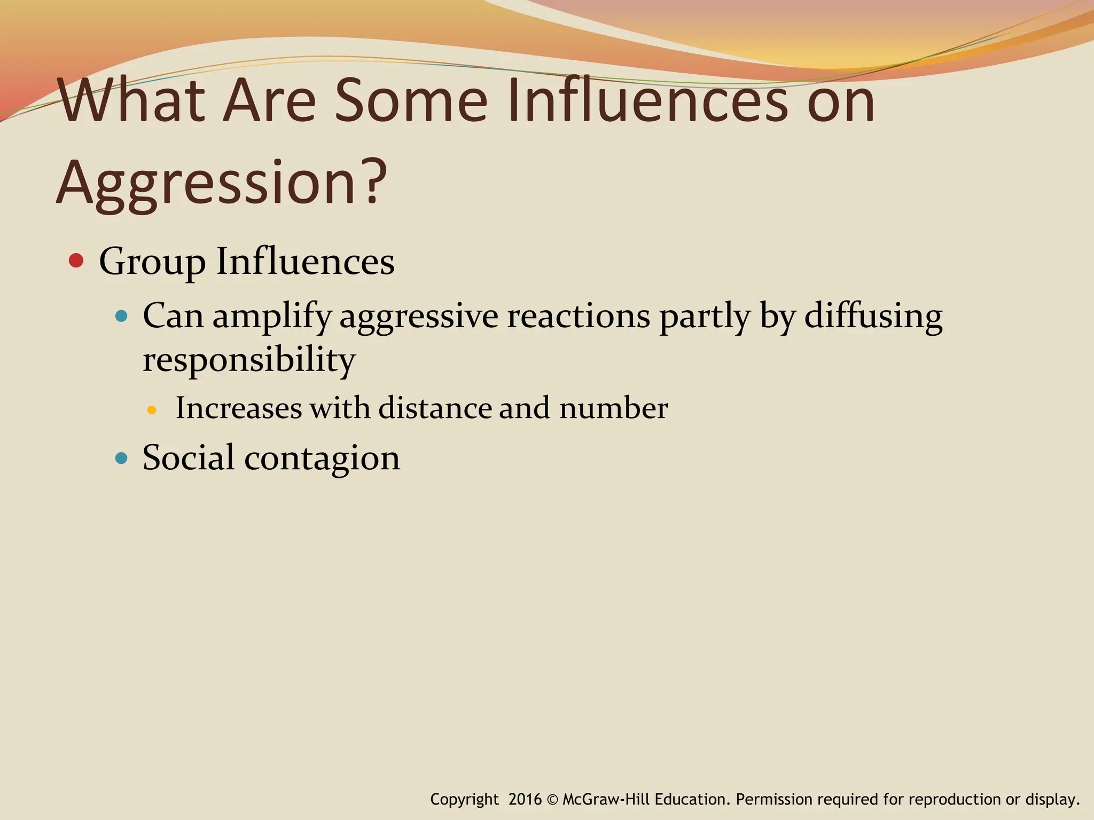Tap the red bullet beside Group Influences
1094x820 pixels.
(76, 261)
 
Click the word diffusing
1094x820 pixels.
(873, 316)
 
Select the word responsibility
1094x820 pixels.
(249, 360)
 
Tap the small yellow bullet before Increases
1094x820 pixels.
(152, 410)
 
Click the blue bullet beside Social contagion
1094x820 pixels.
(122, 458)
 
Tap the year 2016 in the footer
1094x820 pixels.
(525, 799)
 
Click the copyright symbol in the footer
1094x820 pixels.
(552, 800)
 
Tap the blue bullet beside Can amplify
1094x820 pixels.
(122, 317)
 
